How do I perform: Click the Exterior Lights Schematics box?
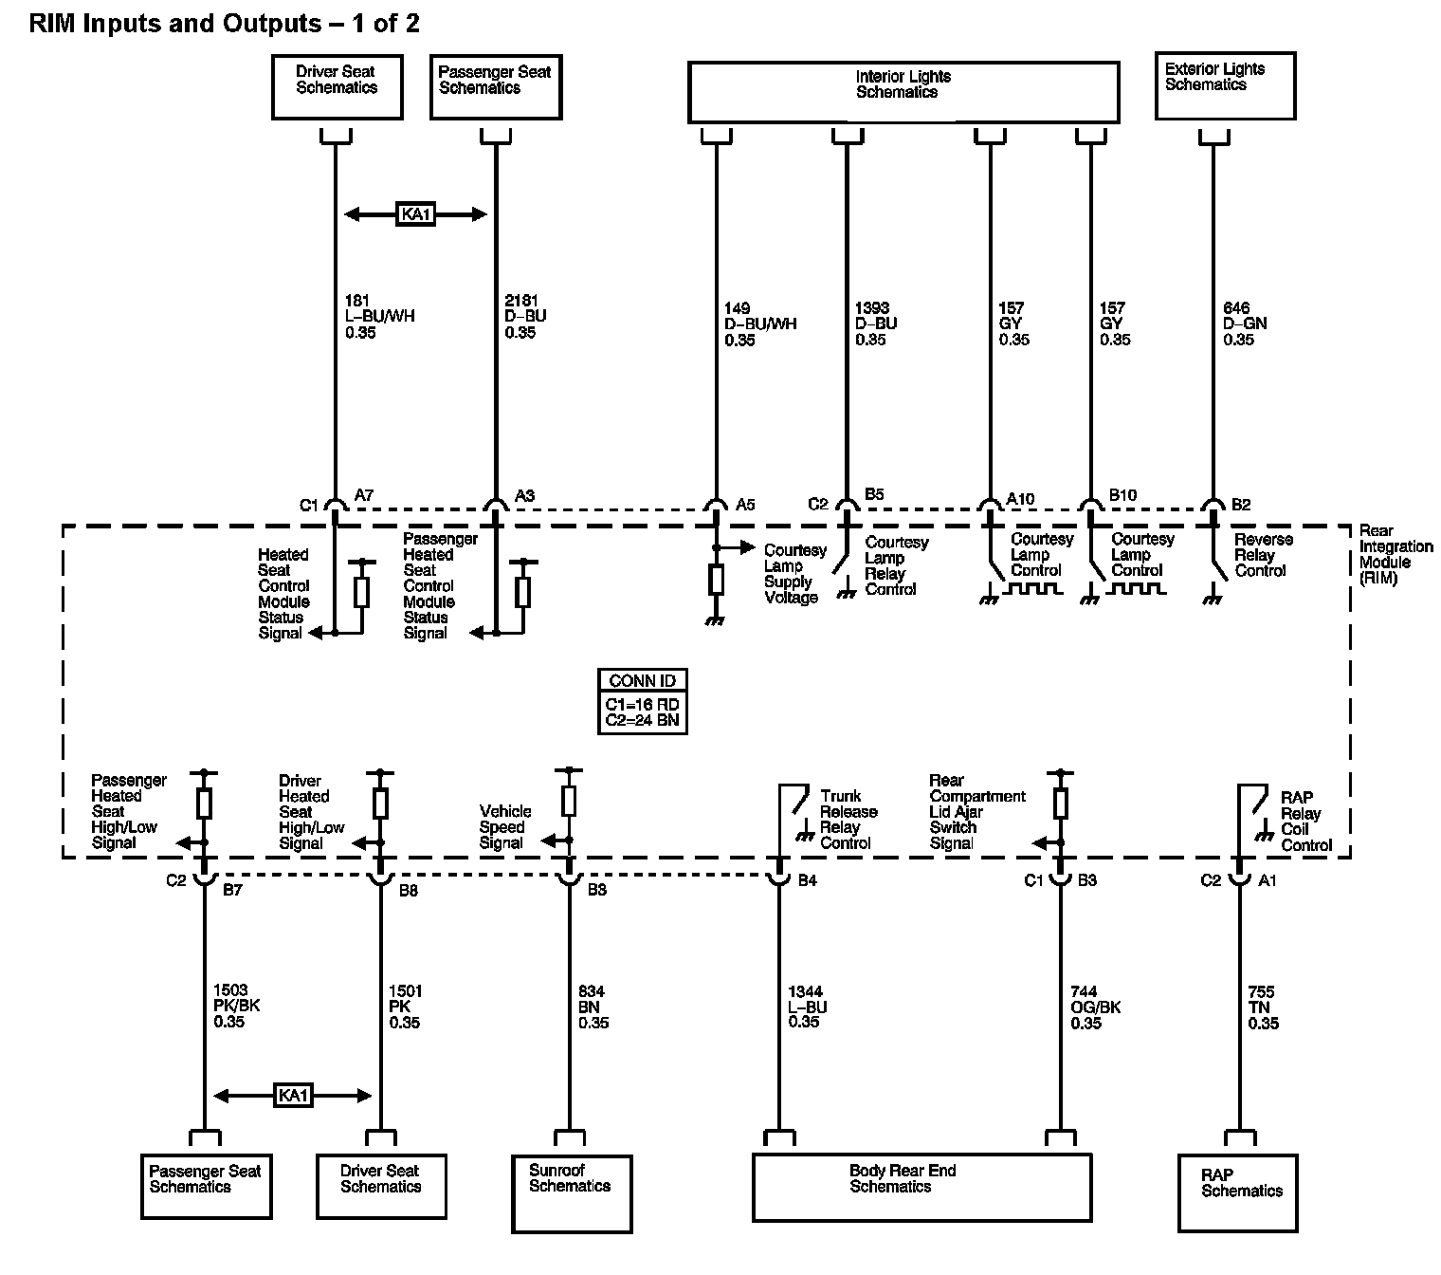(1225, 85)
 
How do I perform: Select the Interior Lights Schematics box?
(903, 91)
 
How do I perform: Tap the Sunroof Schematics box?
(572, 1192)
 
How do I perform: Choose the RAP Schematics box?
(1238, 1192)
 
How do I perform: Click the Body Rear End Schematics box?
(921, 1186)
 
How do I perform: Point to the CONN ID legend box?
(643, 701)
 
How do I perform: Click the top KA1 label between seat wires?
(415, 214)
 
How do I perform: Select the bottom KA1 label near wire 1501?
(293, 1096)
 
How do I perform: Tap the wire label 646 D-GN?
(1244, 323)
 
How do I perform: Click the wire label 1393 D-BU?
(875, 323)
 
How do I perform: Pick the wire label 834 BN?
(593, 1007)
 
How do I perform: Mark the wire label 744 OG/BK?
(1095, 1007)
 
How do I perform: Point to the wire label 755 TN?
(1263, 1007)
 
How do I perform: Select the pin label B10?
(1122, 496)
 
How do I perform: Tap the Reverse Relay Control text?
(1263, 555)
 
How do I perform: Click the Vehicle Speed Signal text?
(505, 827)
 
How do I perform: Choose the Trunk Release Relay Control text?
(848, 820)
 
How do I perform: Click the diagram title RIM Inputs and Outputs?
(224, 24)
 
